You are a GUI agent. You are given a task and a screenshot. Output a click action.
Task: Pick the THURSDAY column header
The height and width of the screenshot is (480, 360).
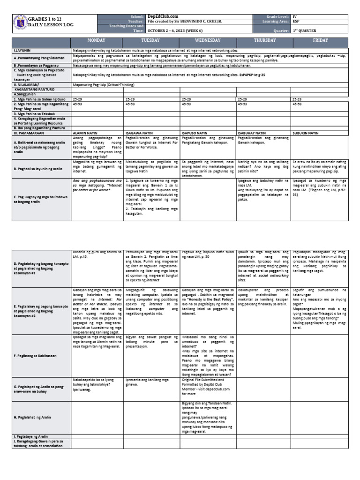(264, 41)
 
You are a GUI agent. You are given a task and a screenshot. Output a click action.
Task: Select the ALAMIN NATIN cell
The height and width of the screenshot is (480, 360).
(84, 133)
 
